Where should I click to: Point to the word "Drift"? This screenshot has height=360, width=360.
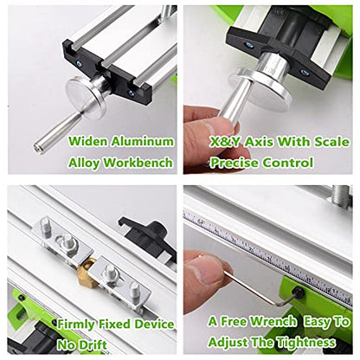(x=93, y=345)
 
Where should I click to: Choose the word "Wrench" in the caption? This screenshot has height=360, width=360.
(x=273, y=321)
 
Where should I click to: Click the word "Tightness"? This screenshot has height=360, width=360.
(x=306, y=343)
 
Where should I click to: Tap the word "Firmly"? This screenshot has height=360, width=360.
(x=76, y=325)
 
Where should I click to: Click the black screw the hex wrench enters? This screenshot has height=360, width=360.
(x=298, y=293)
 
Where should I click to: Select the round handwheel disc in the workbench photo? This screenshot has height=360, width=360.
(x=85, y=97)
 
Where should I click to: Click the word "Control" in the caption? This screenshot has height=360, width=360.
(x=288, y=163)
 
